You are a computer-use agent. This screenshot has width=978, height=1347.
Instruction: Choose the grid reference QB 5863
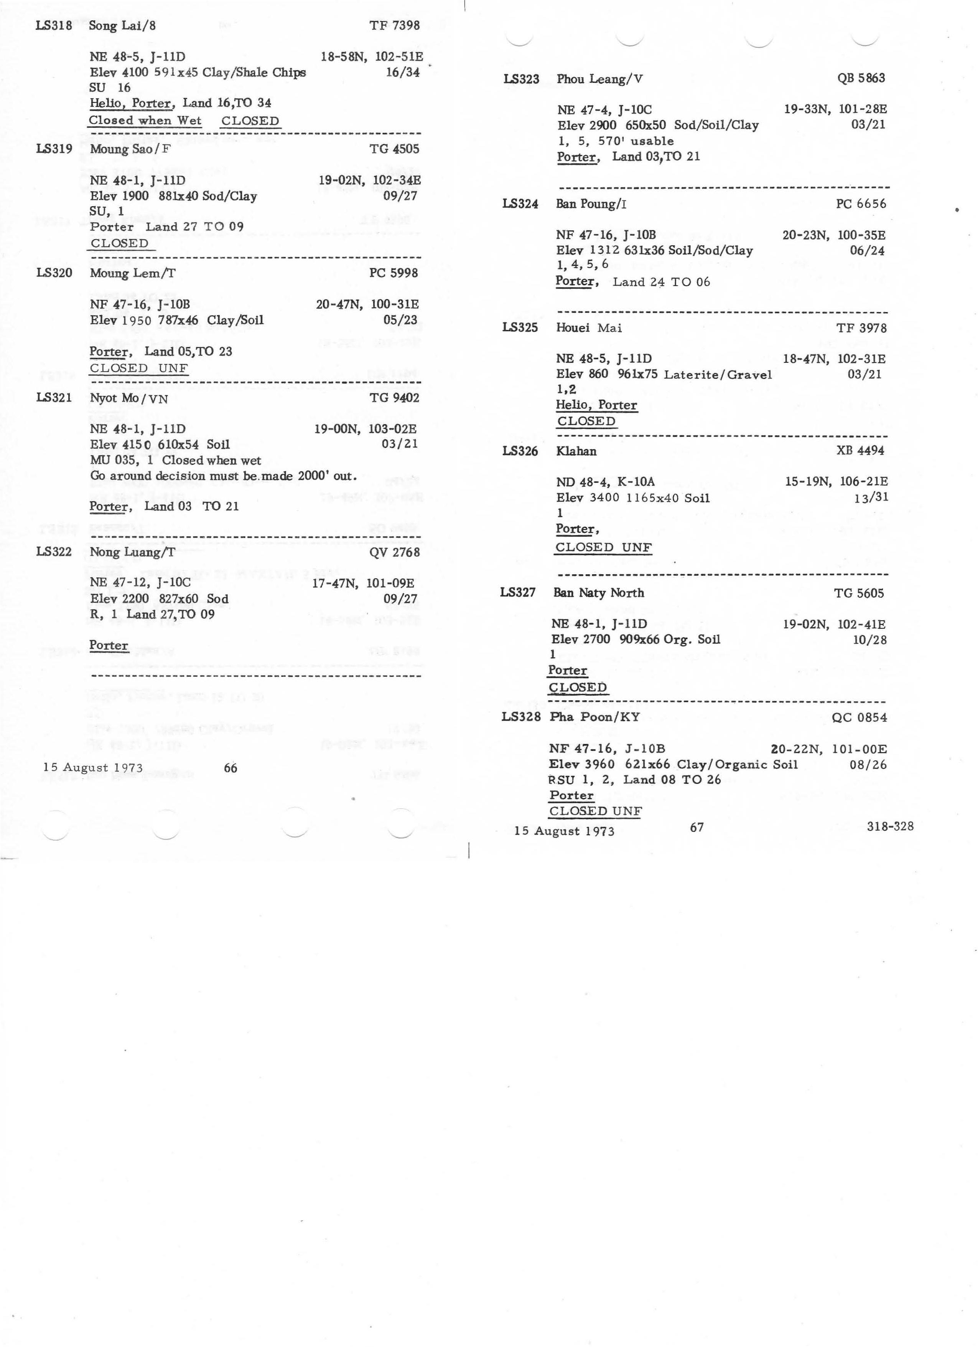point(861,78)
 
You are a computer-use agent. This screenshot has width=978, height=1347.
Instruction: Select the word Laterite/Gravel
point(718,375)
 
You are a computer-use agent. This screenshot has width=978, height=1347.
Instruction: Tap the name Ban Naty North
point(598,593)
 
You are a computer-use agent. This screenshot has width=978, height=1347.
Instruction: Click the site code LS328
point(520,717)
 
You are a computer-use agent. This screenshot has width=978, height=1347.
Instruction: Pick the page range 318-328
point(889,826)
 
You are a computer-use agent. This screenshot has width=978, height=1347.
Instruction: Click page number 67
point(697,827)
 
